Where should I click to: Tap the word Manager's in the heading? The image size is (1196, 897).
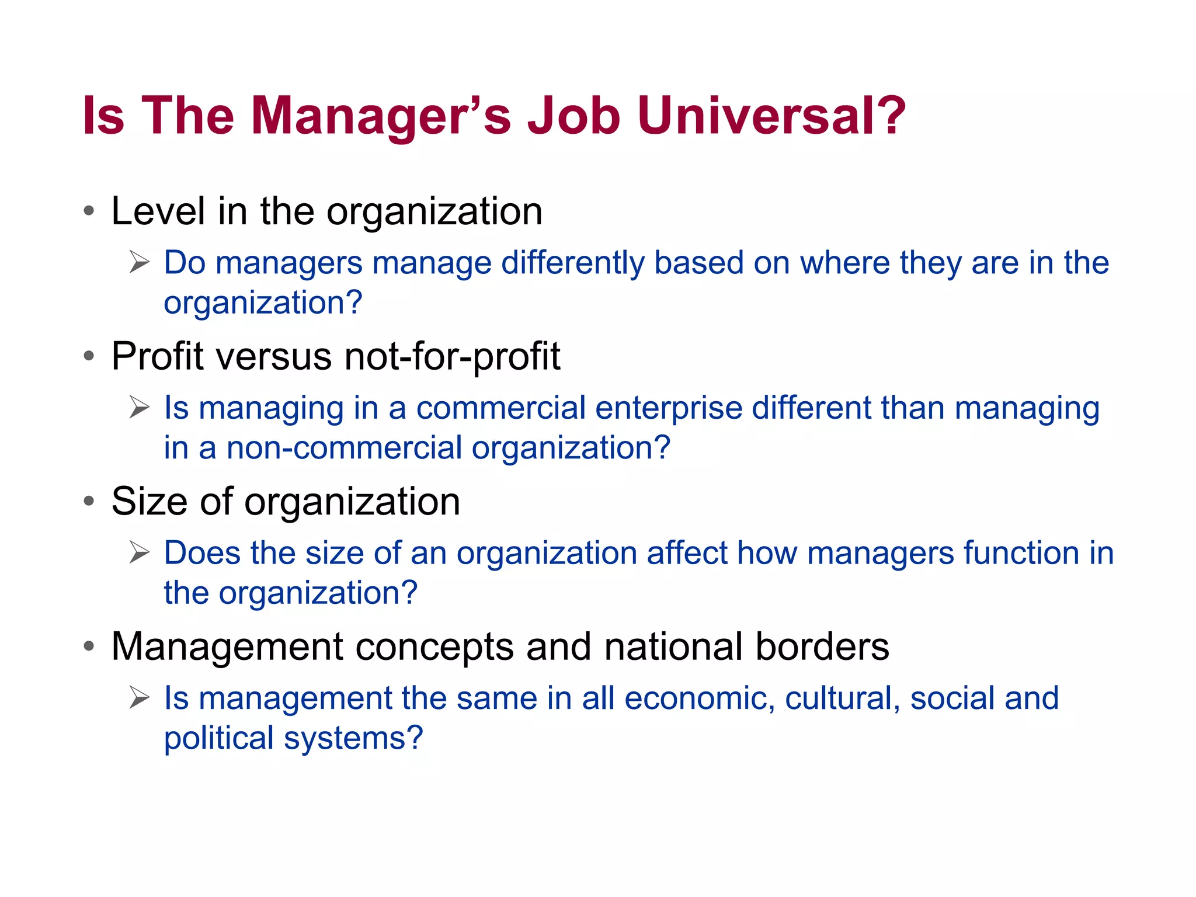pyautogui.click(x=380, y=116)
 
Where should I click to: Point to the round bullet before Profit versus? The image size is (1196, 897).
pyautogui.click(x=89, y=356)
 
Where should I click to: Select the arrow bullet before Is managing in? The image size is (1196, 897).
pyautogui.click(x=140, y=407)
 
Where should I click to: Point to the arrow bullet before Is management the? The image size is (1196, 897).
pyautogui.click(x=140, y=697)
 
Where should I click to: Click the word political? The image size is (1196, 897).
pyautogui.click(x=218, y=738)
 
